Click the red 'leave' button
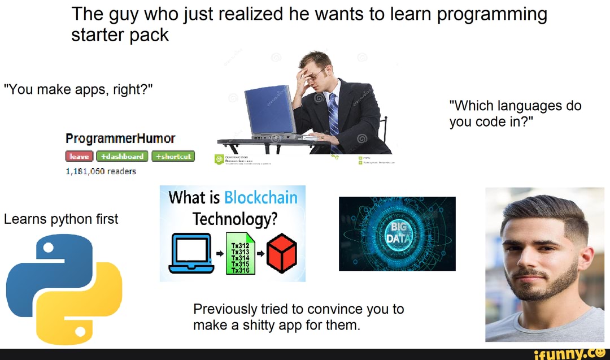pos(80,157)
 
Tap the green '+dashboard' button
pos(123,157)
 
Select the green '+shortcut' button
pos(173,157)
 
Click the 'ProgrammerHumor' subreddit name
pos(120,138)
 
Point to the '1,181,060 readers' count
pos(101,171)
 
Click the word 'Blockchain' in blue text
pos(260,198)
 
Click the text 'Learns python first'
pos(61,219)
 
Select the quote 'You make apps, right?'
pos(78,89)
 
